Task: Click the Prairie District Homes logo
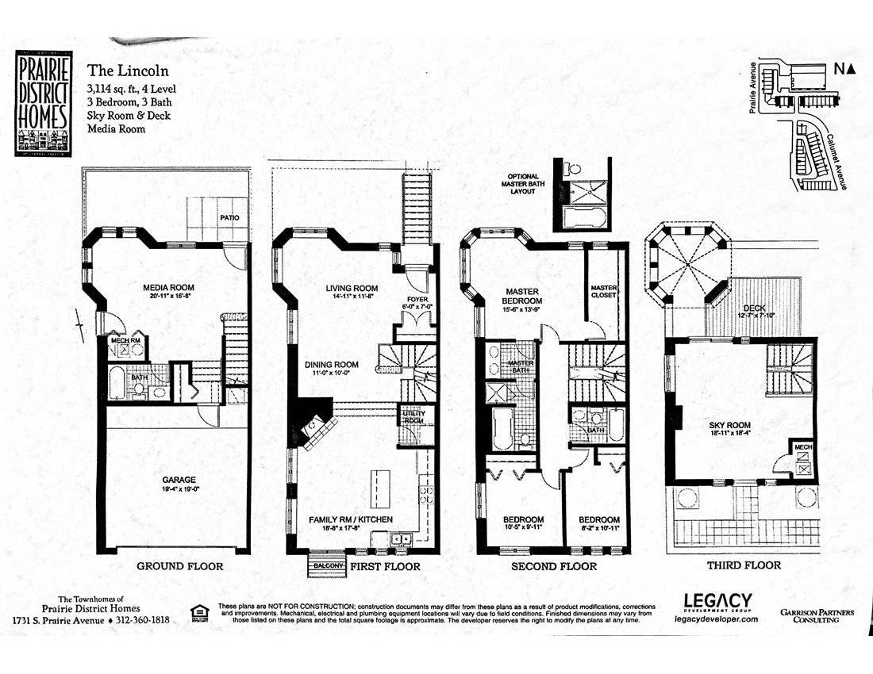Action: (x=42, y=103)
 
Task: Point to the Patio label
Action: (x=229, y=216)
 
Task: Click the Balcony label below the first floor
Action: (x=328, y=566)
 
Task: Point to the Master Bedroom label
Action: (x=521, y=296)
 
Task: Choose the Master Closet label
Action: (x=604, y=291)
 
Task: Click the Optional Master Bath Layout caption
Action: (x=521, y=183)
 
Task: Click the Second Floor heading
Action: (x=554, y=566)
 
